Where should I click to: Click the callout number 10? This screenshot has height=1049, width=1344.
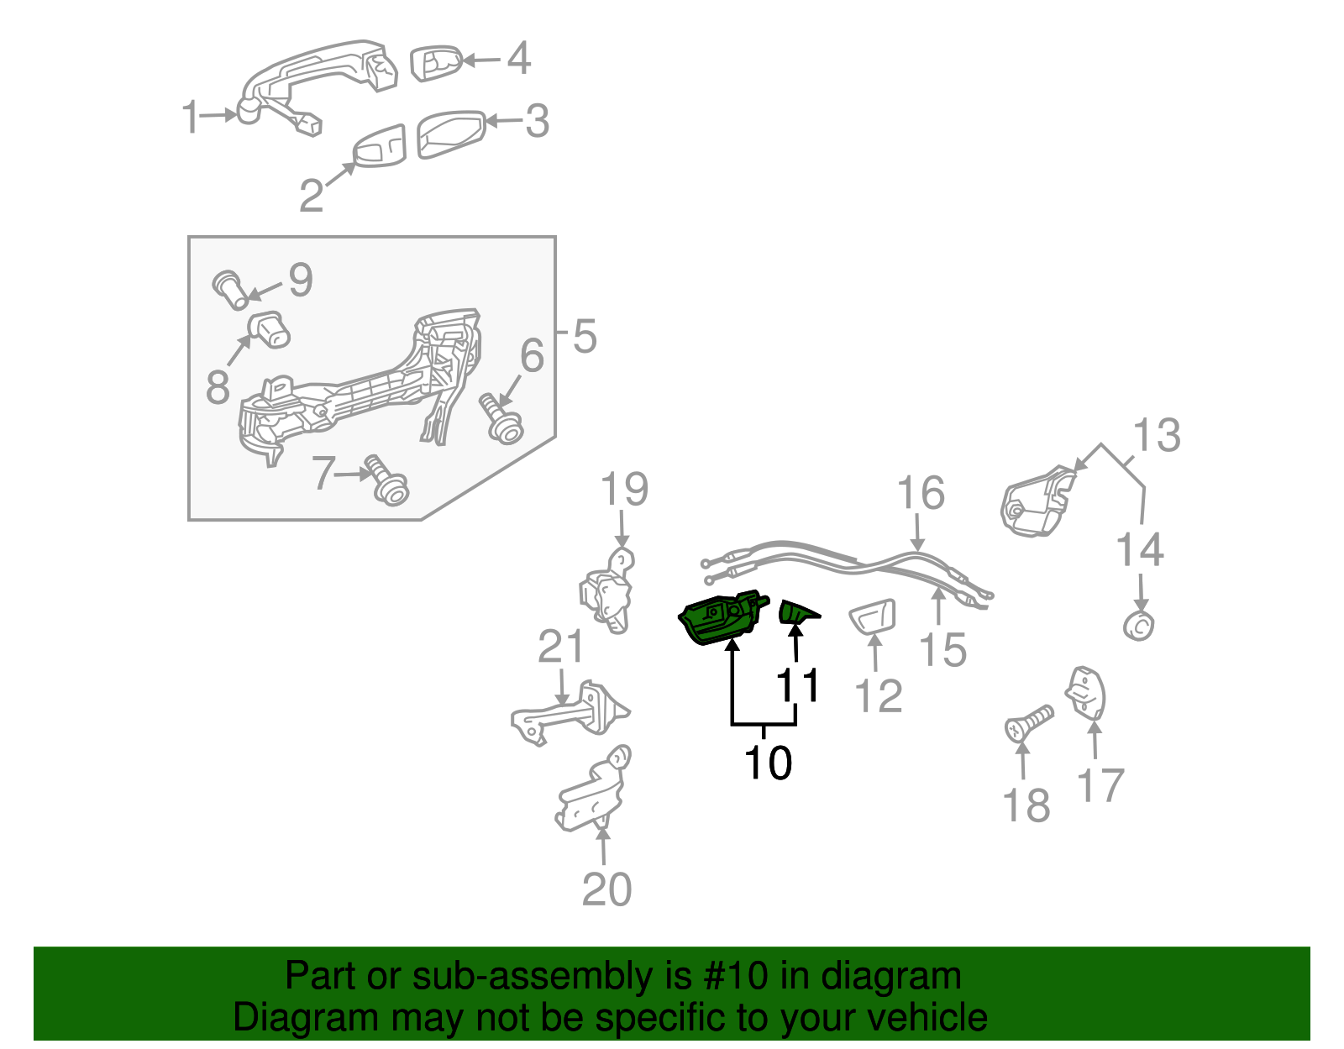tap(768, 763)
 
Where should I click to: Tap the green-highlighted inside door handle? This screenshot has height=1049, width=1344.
tap(719, 620)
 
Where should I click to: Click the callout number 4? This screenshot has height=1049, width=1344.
tap(519, 58)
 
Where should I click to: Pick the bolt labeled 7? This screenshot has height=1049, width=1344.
tap(386, 482)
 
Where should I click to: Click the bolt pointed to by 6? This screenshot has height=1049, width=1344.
tap(502, 420)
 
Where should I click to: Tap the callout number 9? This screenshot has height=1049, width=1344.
tap(301, 280)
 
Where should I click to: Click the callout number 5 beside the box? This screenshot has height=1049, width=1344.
tap(585, 337)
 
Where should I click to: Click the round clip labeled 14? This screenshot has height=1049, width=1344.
tap(1139, 626)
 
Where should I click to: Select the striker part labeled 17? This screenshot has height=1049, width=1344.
tap(1086, 694)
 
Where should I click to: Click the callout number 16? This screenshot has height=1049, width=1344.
tap(920, 493)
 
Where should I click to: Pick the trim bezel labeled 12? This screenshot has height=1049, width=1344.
tap(874, 618)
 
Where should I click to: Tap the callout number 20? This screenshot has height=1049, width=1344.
tap(606, 889)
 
